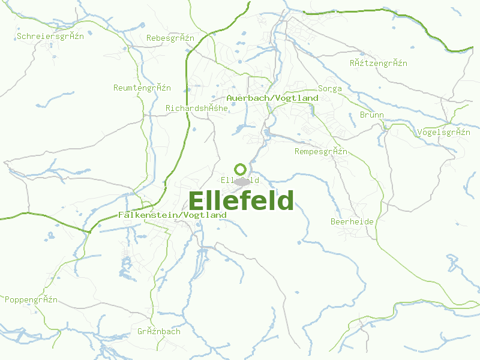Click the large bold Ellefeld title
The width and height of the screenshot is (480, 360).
241,201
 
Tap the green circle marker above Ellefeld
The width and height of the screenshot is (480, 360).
240,169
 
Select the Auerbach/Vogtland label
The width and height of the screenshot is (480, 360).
272,98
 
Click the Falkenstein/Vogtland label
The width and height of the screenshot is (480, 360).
172,215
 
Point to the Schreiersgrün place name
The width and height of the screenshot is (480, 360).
50,36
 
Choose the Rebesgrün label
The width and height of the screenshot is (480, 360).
170,38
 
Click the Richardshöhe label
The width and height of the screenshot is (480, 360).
196,109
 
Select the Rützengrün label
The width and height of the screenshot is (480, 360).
378,63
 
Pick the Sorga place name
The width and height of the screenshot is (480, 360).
330,89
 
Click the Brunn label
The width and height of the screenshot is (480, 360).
371,115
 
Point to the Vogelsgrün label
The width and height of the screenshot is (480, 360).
443,132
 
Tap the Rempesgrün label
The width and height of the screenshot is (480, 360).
320,152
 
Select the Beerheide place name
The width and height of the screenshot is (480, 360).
352,221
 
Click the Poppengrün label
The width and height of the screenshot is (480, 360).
31,299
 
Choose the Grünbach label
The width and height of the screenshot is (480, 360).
158,331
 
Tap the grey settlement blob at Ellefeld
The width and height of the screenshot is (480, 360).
242,181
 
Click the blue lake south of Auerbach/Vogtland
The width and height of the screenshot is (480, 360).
239,128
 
